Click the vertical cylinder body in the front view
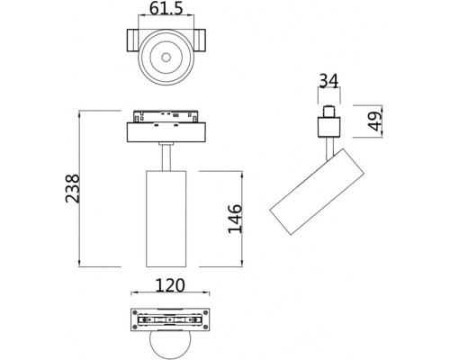click(x=166, y=218)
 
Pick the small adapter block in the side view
click(x=327, y=123)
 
